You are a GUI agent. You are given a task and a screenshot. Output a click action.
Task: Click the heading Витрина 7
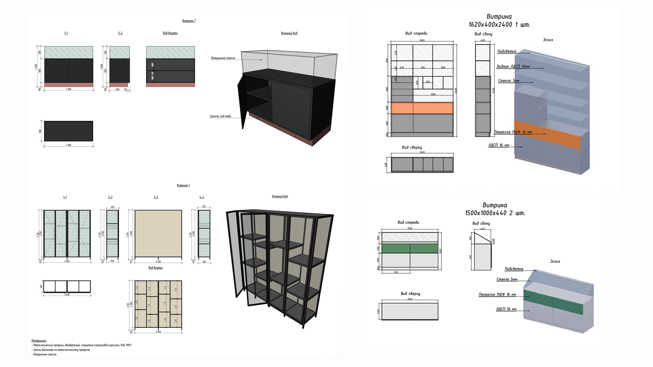189,21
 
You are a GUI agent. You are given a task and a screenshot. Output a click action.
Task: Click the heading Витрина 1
183,185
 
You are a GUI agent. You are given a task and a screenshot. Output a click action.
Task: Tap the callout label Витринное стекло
223,58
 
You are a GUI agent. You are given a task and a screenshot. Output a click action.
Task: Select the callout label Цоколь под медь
220,116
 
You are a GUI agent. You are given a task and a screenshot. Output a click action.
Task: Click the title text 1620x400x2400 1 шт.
499,24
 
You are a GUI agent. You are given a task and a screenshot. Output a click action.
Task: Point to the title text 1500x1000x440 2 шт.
495,213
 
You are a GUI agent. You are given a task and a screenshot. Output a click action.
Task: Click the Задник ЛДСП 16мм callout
513,66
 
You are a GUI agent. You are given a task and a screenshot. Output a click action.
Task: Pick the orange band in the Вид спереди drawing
422,108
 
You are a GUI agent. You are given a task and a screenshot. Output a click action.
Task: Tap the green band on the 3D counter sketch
553,302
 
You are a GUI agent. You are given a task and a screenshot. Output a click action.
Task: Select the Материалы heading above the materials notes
39,341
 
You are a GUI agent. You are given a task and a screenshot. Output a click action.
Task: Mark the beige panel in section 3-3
158,233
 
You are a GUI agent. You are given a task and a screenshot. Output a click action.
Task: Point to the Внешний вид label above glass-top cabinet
289,33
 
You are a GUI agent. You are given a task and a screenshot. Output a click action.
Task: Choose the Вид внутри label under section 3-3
155,268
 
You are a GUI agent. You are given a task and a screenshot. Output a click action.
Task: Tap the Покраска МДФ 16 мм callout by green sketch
497,295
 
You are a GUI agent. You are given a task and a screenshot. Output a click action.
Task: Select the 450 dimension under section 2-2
117,89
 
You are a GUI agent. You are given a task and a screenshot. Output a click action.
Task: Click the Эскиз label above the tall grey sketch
548,40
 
